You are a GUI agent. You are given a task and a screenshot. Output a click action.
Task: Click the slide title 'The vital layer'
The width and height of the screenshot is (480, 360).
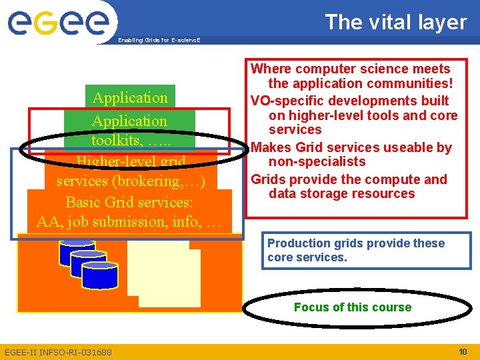pos(395,22)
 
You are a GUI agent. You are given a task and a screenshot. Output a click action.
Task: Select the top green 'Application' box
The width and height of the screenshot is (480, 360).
pos(130,97)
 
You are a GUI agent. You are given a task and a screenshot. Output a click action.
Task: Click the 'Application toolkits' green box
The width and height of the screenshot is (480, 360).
pos(129,130)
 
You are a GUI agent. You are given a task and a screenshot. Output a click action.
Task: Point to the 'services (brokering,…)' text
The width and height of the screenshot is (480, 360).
pos(131,181)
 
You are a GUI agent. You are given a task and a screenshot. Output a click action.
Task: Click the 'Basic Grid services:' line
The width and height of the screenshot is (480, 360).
pos(129,202)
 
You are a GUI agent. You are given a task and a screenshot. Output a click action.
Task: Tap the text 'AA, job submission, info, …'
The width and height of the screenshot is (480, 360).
pos(129,222)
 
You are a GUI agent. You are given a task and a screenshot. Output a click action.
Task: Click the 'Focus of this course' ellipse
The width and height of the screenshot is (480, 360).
pos(352,307)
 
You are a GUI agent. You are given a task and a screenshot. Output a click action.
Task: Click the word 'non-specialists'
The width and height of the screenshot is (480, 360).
pos(317,162)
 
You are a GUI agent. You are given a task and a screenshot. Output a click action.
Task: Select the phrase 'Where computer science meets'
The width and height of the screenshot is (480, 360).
pos(350,69)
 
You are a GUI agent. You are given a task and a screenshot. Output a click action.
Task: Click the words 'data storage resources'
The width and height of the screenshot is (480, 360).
pos(341,194)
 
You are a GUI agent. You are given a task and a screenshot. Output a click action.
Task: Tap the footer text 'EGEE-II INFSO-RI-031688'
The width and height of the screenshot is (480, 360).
pos(58,352)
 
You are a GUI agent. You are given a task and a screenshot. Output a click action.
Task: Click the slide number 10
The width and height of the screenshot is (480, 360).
pos(463,351)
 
